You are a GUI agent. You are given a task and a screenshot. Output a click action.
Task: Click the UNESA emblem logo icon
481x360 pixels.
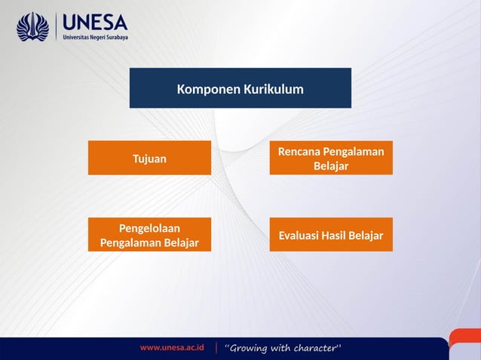click(x=32, y=27)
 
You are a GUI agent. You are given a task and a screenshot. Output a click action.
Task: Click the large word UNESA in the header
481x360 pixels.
click(x=95, y=20)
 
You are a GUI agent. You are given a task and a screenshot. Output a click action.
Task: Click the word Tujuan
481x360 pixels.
click(x=149, y=159)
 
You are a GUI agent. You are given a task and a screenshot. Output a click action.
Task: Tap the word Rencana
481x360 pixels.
click(x=299, y=152)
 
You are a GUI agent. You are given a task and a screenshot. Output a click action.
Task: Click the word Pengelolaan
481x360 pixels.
click(x=149, y=227)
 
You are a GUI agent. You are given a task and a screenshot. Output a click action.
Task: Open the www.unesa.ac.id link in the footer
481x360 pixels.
click(x=171, y=348)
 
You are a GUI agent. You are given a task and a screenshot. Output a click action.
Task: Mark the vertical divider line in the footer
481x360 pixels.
click(x=217, y=348)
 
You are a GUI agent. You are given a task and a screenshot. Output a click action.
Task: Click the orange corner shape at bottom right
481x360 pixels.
click(x=465, y=341)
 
